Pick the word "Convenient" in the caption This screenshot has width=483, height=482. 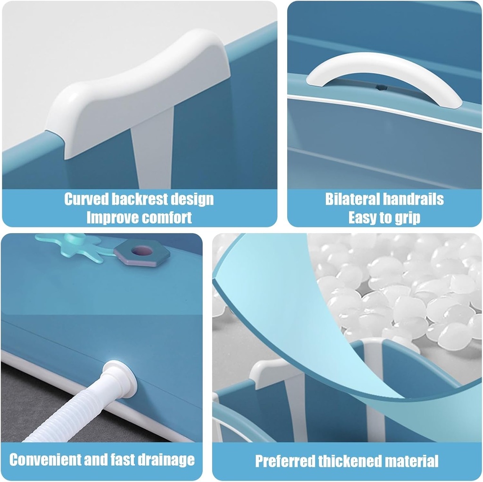pos(41,459)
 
